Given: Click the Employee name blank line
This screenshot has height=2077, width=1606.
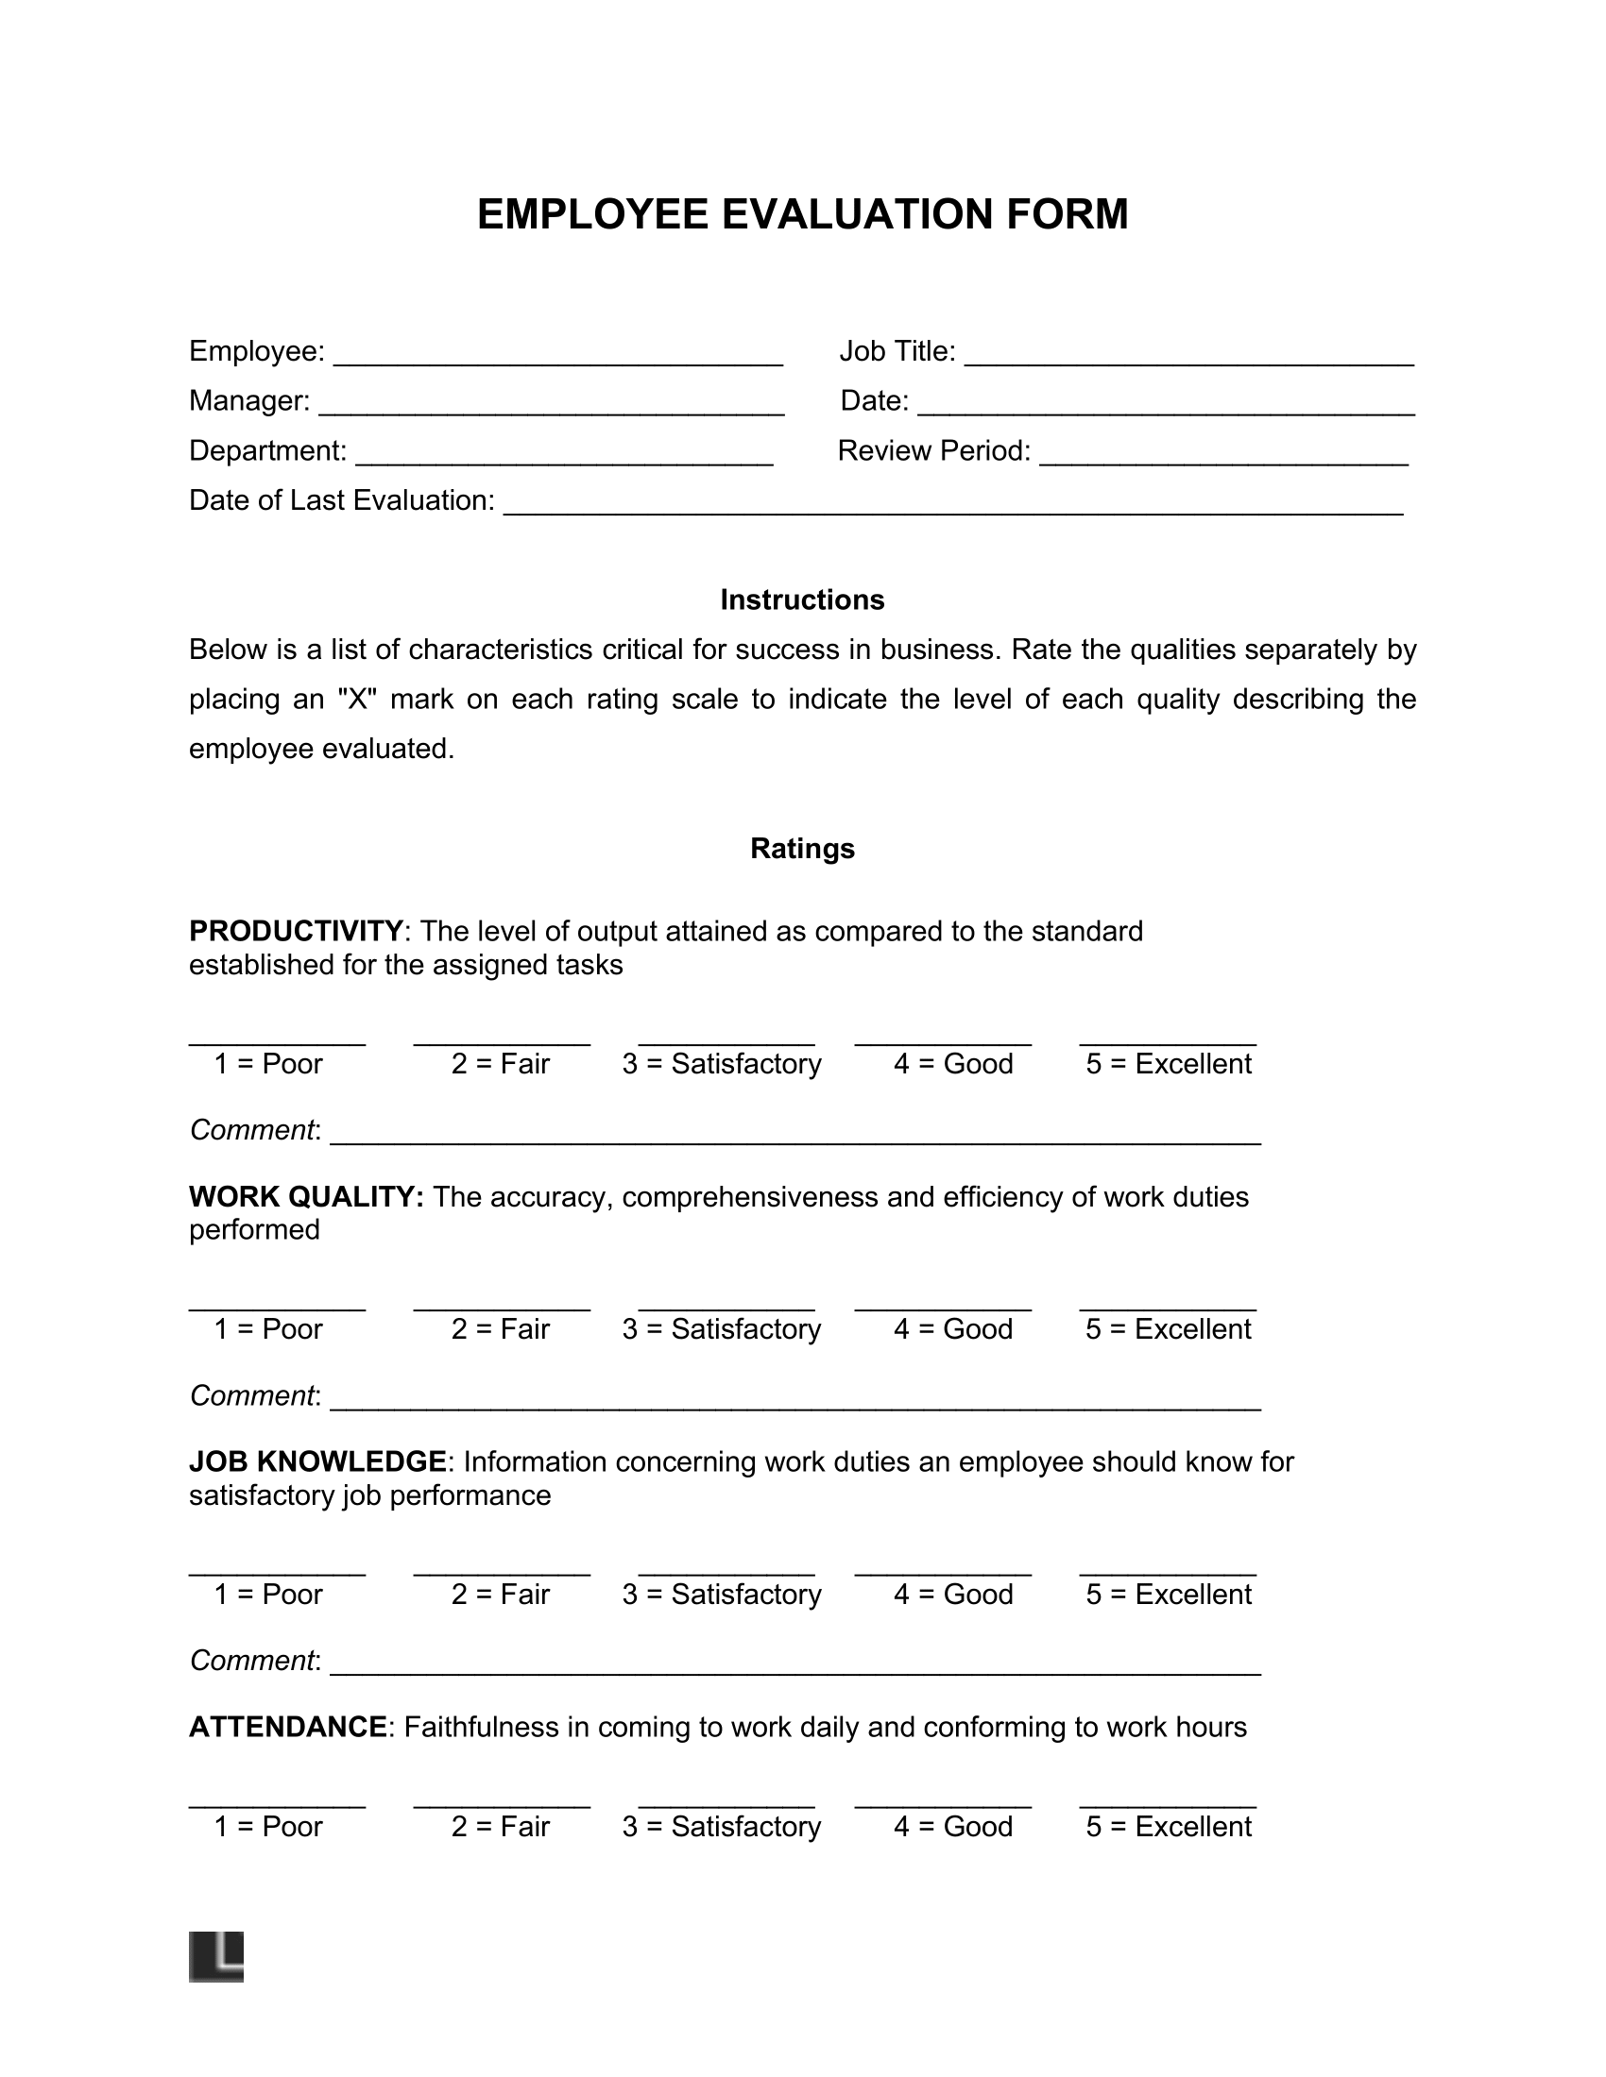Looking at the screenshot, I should (x=557, y=360).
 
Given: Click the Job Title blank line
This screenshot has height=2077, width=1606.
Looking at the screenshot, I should (x=1189, y=360).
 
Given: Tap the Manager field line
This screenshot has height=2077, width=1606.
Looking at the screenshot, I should (x=551, y=409).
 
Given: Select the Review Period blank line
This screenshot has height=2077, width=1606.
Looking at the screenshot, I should (x=1223, y=459).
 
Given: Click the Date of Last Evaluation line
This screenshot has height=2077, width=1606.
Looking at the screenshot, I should (x=952, y=508).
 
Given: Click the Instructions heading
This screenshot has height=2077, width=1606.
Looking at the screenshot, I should (x=802, y=600).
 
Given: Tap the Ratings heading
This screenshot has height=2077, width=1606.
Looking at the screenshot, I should (x=802, y=849).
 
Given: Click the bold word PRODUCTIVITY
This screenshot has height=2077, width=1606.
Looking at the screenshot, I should (x=296, y=930).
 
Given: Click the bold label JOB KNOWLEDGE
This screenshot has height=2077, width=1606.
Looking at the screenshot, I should (x=317, y=1461).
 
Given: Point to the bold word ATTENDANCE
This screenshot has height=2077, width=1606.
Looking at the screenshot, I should (x=288, y=1727).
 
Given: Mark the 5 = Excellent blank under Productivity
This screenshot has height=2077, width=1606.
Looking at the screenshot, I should (x=1168, y=1038).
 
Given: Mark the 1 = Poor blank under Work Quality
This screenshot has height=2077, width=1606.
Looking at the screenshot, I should (x=277, y=1304).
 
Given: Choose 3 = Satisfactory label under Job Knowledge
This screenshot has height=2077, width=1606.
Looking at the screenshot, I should (x=721, y=1595).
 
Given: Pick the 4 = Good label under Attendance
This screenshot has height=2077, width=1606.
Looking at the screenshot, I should (x=952, y=1827).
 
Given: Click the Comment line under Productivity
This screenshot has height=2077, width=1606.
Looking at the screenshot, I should (x=795, y=1138).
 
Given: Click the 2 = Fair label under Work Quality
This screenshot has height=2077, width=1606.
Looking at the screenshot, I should (x=501, y=1329).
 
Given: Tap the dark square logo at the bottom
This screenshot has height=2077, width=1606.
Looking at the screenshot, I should (x=216, y=1957).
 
